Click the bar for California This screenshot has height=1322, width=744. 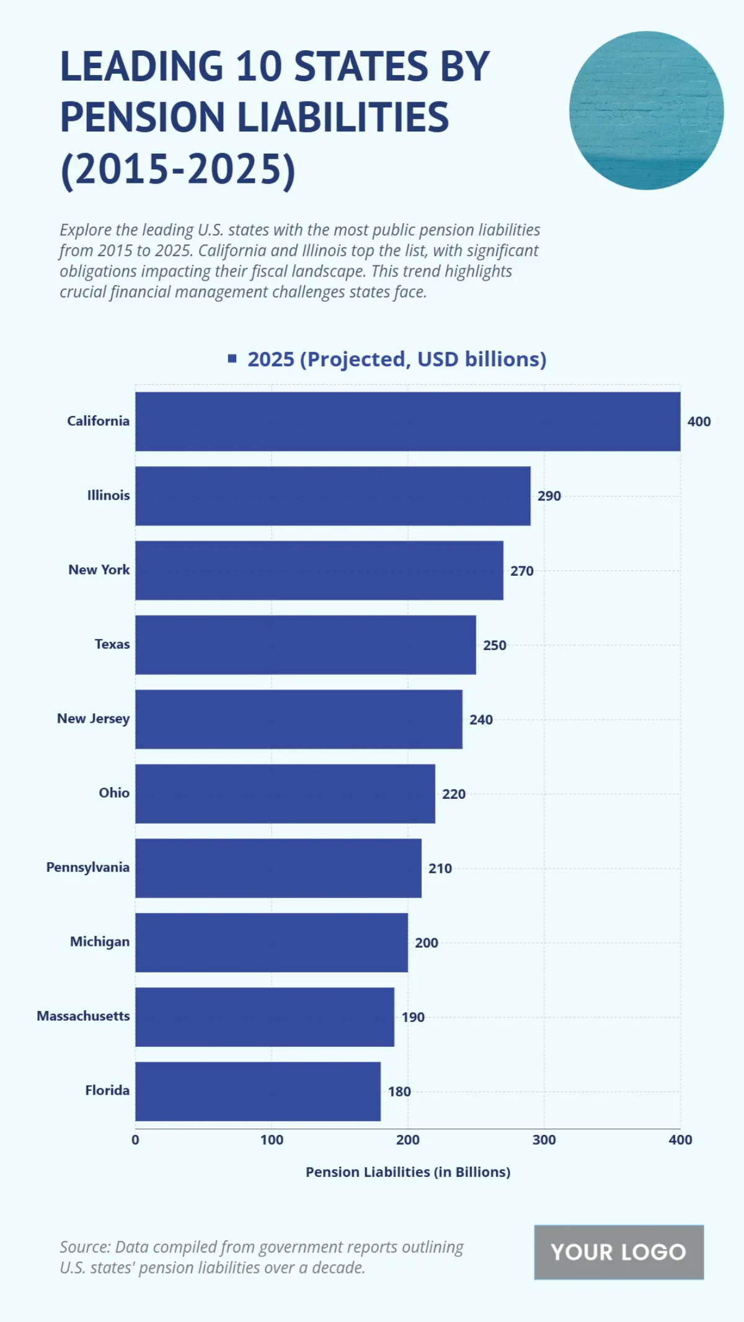tap(407, 421)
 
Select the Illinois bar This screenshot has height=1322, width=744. tap(332, 496)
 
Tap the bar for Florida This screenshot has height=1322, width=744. tap(258, 1091)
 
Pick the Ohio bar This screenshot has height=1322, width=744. tap(285, 794)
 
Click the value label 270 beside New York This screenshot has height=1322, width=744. tap(521, 571)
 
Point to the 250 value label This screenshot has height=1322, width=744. tap(494, 645)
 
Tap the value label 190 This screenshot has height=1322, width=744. tap(412, 1017)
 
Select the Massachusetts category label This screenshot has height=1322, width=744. tap(83, 1016)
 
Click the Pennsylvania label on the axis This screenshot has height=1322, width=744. tap(87, 868)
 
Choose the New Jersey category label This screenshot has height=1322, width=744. tap(93, 719)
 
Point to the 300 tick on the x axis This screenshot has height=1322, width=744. tap(544, 1140)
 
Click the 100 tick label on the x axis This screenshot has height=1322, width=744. tap(272, 1140)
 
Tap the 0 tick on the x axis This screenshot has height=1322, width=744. tap(135, 1140)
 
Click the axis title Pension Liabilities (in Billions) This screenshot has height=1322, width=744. tap(407, 1172)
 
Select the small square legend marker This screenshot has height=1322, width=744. tap(232, 358)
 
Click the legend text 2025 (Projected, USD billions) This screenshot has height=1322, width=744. tap(397, 359)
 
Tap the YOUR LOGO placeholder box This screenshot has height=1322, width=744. tap(618, 1252)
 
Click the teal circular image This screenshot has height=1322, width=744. tap(646, 110)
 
